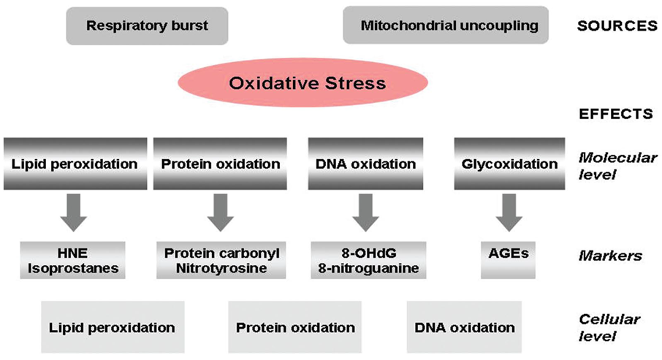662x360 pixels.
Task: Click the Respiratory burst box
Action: click(x=147, y=26)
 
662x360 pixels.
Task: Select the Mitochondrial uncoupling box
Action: click(x=446, y=25)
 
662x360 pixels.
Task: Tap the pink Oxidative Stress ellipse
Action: click(x=303, y=83)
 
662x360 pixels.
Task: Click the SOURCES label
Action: click(x=617, y=26)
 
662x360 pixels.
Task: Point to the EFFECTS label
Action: click(x=615, y=114)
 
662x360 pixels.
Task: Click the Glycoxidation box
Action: click(x=509, y=164)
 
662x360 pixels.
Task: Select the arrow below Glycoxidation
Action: click(x=509, y=212)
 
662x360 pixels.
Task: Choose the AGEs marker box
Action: click(x=509, y=260)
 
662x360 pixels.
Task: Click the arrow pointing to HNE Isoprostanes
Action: click(x=74, y=212)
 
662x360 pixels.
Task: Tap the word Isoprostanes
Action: click(x=73, y=269)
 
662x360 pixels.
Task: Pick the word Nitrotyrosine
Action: click(x=221, y=269)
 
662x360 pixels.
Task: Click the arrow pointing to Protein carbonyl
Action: click(x=221, y=212)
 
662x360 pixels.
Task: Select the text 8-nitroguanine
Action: click(x=368, y=269)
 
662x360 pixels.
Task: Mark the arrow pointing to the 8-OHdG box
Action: click(x=365, y=212)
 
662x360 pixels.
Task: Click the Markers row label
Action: click(x=610, y=256)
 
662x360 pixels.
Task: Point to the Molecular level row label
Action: click(x=617, y=166)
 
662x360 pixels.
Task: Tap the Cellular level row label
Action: click(x=609, y=327)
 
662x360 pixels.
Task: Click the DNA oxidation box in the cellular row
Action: click(x=465, y=327)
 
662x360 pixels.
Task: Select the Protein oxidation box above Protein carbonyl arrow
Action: click(x=220, y=164)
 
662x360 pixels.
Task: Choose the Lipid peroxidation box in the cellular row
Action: click(x=113, y=327)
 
